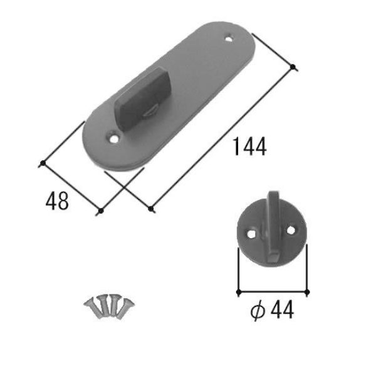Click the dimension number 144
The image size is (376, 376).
click(250, 147)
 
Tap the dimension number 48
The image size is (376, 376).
click(57, 201)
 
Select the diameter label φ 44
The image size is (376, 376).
click(272, 310)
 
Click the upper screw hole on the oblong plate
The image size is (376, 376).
click(229, 38)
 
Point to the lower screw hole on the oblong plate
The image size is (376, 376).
click(113, 138)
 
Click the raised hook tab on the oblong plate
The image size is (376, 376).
click(143, 98)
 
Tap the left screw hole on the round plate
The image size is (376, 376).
click(251, 234)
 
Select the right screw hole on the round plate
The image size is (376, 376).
click(291, 230)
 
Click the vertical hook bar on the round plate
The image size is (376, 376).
click(272, 226)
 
